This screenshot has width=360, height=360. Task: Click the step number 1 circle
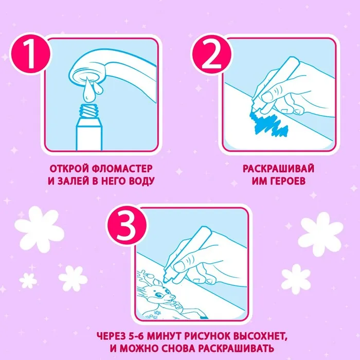(x=30, y=54)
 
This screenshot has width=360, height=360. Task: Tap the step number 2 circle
(x=211, y=54)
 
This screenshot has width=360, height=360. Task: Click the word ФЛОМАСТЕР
(x=122, y=169)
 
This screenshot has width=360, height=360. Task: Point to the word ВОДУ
(x=141, y=181)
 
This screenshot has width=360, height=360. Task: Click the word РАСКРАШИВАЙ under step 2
(x=278, y=169)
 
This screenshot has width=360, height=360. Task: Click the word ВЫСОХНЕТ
(x=260, y=337)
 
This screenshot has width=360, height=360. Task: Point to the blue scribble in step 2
(x=268, y=124)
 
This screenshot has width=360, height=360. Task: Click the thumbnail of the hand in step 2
(x=267, y=96)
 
